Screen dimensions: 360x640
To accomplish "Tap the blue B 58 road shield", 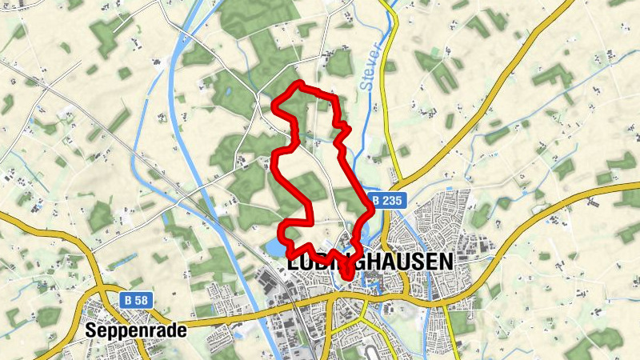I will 137,300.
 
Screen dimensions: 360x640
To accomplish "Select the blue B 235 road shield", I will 387,200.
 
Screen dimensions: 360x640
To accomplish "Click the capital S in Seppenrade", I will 90,330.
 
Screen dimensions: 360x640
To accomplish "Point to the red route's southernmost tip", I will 348,277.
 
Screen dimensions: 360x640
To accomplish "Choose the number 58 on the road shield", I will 142,300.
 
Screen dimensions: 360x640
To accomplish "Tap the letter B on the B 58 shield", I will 129,300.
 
